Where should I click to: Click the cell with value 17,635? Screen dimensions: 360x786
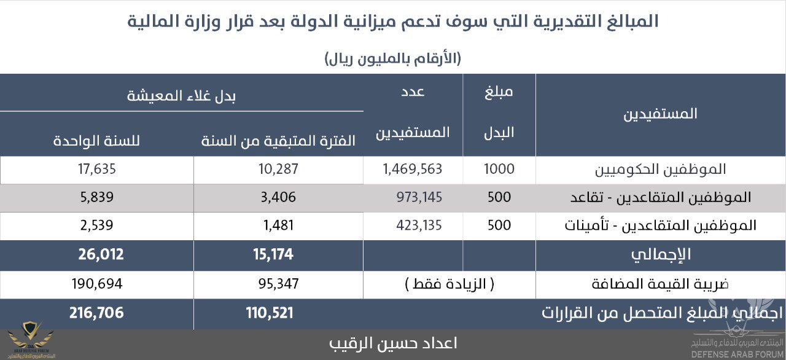97,169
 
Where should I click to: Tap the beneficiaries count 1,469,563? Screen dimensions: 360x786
412,169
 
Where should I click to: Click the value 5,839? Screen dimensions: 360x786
97,197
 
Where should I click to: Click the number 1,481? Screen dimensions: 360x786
278,225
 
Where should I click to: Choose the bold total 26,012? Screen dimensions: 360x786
101,254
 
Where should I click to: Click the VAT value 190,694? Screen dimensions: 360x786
97,284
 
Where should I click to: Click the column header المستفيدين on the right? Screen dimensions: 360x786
660,114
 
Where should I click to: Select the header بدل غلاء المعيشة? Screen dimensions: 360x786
181,95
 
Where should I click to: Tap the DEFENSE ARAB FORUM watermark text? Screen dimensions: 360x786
736,354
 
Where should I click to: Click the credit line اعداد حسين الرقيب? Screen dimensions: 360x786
393,343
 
